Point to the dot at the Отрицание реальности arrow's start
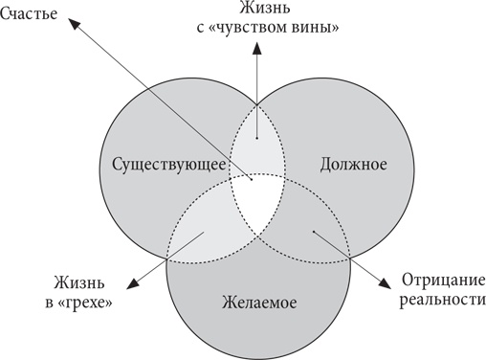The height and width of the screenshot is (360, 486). point(314,231)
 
